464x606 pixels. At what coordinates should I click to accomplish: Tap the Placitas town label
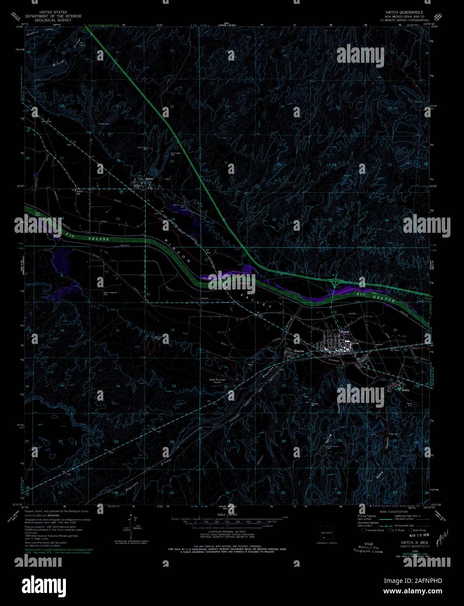pos(299,351)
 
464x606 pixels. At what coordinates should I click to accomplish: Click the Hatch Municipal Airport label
pos(218,381)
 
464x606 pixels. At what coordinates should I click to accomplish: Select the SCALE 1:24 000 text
pos(227,514)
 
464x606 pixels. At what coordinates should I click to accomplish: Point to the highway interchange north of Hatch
pos(335,282)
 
